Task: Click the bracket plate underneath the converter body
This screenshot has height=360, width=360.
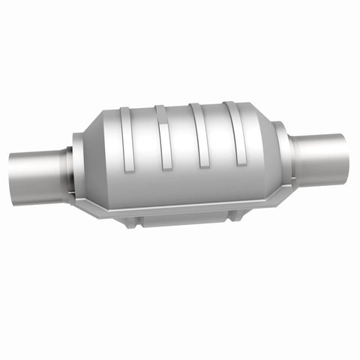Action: point(180,218)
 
